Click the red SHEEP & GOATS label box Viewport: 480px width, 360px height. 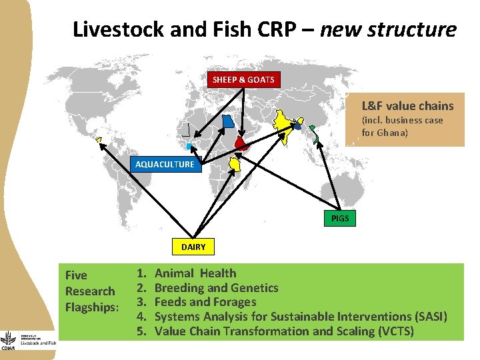click(243, 79)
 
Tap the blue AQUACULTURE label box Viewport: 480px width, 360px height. click(165, 164)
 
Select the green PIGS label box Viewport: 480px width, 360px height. click(340, 218)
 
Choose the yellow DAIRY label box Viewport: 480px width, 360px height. click(193, 247)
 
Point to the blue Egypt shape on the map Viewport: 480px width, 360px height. click(228, 121)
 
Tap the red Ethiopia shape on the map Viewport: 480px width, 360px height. click(243, 144)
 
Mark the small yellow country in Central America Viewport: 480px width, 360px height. click(99, 139)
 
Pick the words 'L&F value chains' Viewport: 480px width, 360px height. click(407, 105)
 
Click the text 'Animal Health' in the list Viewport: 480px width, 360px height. click(195, 273)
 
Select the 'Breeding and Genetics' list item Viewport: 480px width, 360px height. click(216, 287)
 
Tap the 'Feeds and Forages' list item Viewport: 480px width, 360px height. click(205, 302)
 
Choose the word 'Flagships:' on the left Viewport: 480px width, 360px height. click(92, 307)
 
